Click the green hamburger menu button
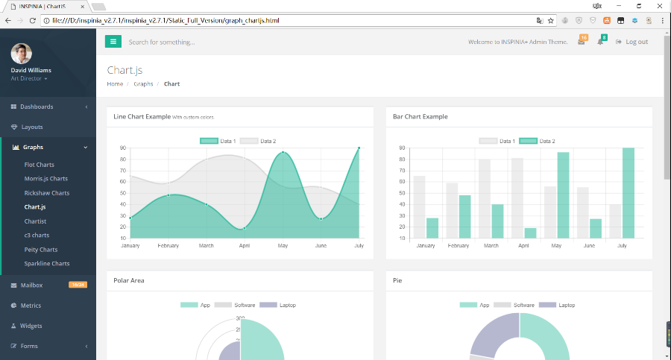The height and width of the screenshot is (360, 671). (113, 42)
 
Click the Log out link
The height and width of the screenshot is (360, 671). (632, 42)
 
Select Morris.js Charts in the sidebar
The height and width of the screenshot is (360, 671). (45, 179)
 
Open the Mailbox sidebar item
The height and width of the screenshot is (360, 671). (31, 285)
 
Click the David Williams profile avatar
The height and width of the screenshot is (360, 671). (21, 54)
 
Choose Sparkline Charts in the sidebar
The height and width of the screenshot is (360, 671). (46, 263)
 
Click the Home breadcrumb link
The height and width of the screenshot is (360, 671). (115, 84)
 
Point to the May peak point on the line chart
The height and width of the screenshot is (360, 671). (283, 153)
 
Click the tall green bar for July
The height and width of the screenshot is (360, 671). (629, 193)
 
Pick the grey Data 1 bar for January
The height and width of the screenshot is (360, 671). (419, 207)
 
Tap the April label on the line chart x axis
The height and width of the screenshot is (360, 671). (245, 245)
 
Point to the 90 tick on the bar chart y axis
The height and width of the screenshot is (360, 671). (402, 148)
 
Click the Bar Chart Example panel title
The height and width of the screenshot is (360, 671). (420, 117)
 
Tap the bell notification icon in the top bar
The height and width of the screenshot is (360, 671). (600, 42)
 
